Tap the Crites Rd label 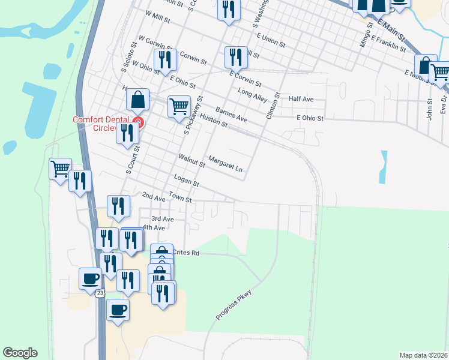(186, 253)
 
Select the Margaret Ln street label (225, 164)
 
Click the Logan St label (185, 181)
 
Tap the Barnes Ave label (231, 114)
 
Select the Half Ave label (301, 99)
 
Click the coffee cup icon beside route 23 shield (90, 278)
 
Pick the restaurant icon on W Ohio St (164, 61)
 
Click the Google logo (20, 353)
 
